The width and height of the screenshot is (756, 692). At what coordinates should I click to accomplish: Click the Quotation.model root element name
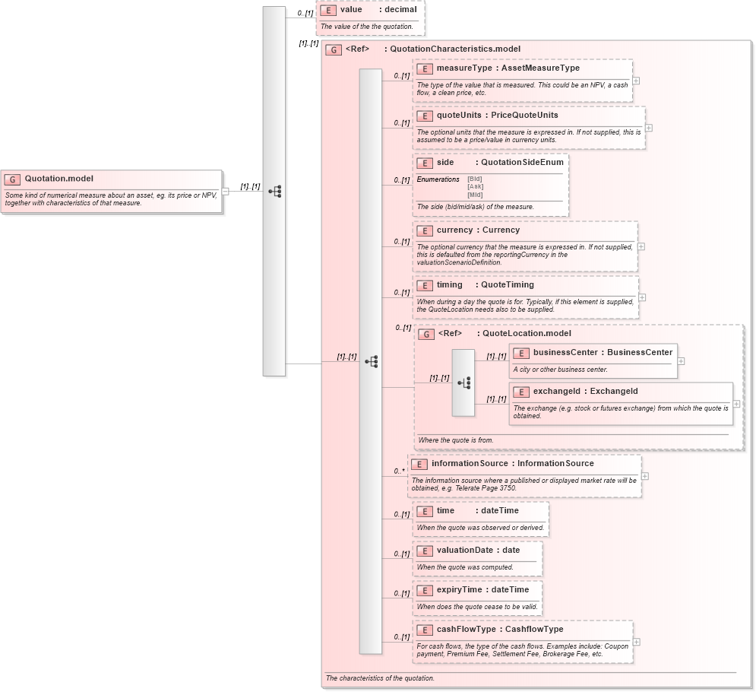(x=59, y=179)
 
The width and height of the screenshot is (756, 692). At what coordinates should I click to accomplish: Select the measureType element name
(x=464, y=68)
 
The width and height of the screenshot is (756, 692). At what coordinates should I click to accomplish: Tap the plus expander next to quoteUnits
(x=648, y=128)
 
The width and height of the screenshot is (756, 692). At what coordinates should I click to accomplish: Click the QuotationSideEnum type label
(x=522, y=163)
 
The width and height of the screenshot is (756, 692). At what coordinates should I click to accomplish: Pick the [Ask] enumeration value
(x=475, y=186)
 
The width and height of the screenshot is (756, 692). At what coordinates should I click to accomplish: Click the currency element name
(x=455, y=230)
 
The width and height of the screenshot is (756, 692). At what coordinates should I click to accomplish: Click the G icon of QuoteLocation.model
(x=427, y=334)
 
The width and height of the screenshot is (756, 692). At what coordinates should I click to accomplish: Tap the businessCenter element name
(x=565, y=353)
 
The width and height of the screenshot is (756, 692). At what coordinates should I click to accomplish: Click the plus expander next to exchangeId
(x=736, y=404)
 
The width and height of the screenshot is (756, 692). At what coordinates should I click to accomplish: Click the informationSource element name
(x=470, y=463)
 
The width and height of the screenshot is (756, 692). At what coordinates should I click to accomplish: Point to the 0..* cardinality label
(x=398, y=471)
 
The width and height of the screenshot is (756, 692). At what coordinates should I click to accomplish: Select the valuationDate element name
(x=465, y=550)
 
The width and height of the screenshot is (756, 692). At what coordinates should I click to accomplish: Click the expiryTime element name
(x=459, y=589)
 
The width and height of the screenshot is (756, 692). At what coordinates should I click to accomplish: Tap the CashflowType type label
(x=534, y=630)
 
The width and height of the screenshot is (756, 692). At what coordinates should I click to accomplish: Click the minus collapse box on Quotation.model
(x=225, y=192)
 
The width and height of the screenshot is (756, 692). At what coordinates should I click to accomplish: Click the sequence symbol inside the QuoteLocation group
(x=464, y=383)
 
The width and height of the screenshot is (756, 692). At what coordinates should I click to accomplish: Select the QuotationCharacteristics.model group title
(x=454, y=49)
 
